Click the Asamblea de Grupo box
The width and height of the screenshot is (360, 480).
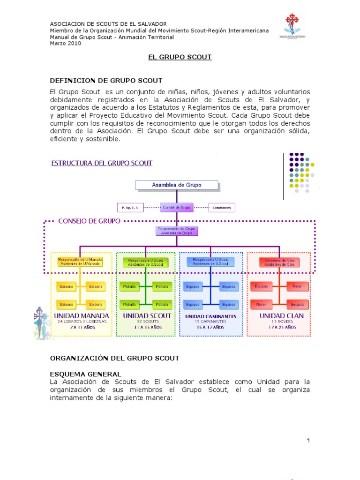tap(177, 185)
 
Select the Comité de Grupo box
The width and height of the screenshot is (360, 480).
tap(176, 207)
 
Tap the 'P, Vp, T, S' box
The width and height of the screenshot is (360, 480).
tap(130, 207)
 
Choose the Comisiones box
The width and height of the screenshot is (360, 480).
tap(222, 207)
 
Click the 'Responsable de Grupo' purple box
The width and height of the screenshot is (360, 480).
tap(177, 231)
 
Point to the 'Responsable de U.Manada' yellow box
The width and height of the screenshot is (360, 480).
tap(80, 261)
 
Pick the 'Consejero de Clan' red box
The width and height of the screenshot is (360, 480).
tap(279, 262)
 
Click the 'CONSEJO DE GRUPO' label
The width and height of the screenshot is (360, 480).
tap(89, 220)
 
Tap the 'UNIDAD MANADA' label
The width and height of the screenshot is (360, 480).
tap(82, 316)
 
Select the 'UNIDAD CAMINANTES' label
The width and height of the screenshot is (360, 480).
tap(210, 316)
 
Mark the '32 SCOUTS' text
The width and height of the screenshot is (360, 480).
tap(147, 322)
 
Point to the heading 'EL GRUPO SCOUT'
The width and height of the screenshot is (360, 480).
tap(180, 57)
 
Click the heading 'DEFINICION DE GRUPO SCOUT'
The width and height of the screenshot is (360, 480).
tap(106, 81)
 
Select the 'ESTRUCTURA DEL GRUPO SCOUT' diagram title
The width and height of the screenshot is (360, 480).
tap(102, 163)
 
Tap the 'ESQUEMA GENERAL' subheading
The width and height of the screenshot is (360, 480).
tap(86, 374)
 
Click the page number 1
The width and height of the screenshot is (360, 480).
tap(309, 440)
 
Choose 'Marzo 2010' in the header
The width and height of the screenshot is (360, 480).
tap(66, 44)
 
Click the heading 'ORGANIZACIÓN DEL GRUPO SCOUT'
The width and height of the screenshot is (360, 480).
tap(114, 358)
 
